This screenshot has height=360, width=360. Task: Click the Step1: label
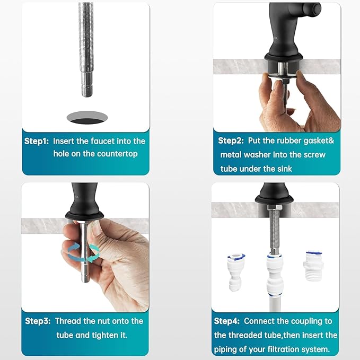click(37, 142)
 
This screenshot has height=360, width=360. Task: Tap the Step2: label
click(231, 141)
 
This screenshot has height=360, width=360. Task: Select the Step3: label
click(38, 321)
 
